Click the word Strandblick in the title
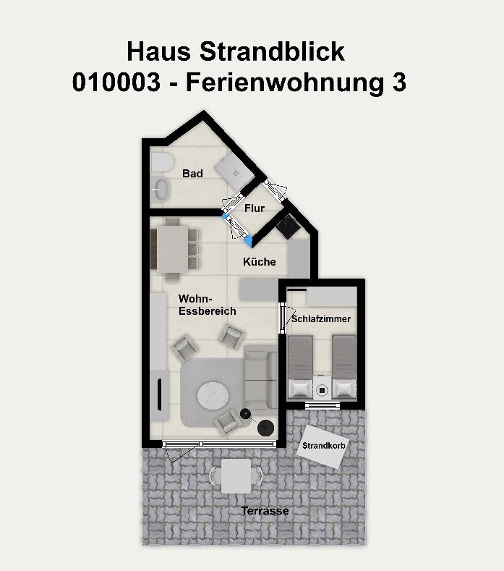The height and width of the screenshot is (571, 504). pos(272,51)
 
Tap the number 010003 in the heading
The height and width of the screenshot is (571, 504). pos(116,83)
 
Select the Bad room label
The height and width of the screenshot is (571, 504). pos(192,174)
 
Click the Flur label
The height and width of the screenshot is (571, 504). pos(255,208)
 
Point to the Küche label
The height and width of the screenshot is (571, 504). pos(260,261)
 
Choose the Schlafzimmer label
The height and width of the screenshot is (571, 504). pos(321,319)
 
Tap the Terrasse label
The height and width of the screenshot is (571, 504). pos(265,510)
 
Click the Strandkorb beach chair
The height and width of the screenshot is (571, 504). pos(322,446)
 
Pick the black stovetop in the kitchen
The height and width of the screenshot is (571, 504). pos(289,227)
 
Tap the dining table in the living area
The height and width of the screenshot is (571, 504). pos(173,249)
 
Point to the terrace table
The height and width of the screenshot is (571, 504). pos(236,476)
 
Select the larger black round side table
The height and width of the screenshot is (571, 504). pos(266,427)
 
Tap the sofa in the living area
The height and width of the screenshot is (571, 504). pos(261,376)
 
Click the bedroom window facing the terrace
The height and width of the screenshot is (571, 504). pos(323,405)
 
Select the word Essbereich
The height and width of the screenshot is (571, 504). pos(208,311)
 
